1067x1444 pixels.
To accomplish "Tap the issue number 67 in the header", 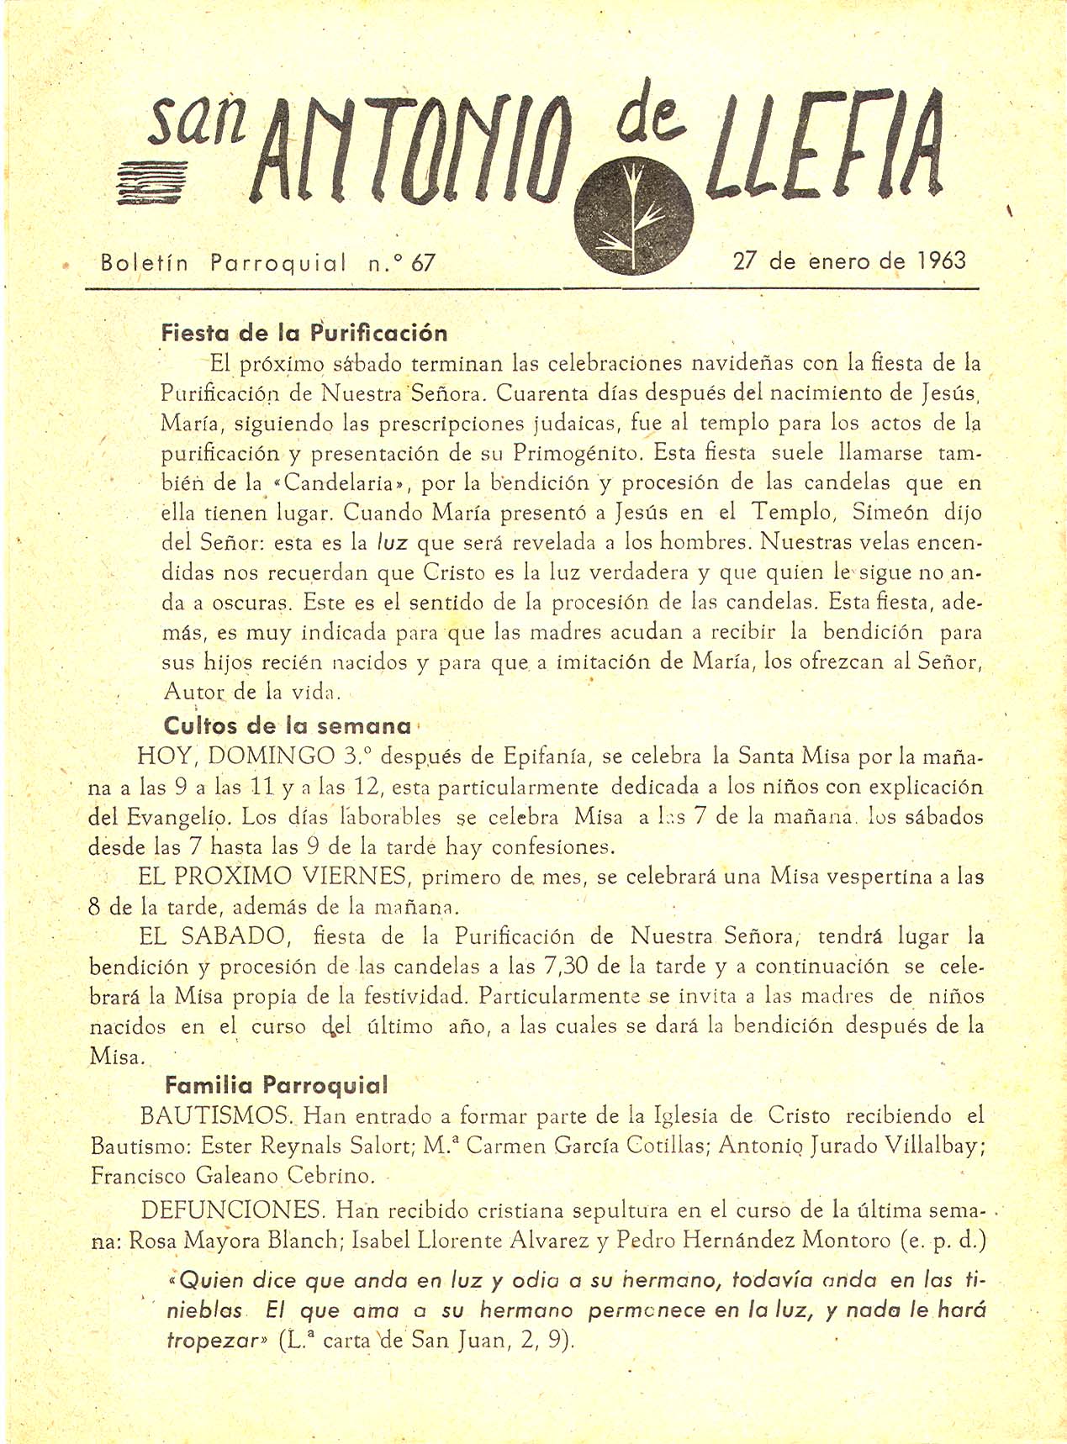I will click(424, 263).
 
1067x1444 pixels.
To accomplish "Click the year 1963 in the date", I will click(941, 261).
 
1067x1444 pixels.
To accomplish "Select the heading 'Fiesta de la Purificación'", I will click(304, 334).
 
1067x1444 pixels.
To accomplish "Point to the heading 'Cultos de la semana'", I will click(288, 725).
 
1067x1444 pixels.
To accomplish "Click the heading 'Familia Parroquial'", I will click(277, 1085).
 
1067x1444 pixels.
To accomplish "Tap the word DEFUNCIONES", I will click(232, 1210).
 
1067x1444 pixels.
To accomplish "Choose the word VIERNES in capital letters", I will click(357, 877).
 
